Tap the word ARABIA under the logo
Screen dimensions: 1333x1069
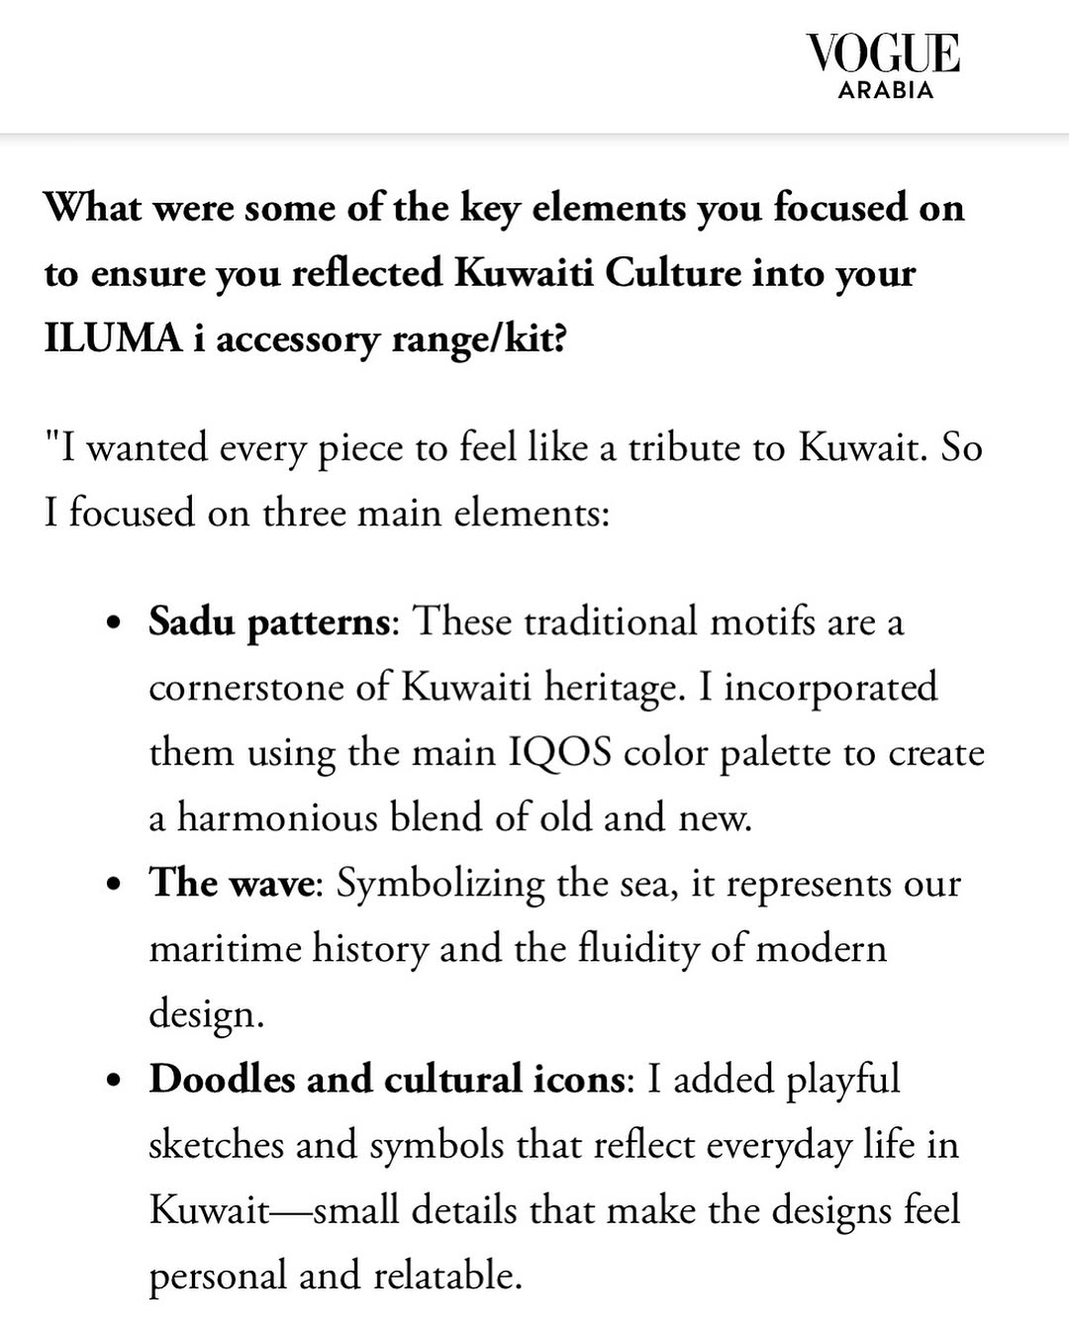coord(885,90)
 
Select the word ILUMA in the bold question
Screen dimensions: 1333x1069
coord(113,338)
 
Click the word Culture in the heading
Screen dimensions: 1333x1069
coord(672,273)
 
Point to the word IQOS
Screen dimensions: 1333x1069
coord(560,753)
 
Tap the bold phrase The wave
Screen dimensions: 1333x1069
coord(231,883)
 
